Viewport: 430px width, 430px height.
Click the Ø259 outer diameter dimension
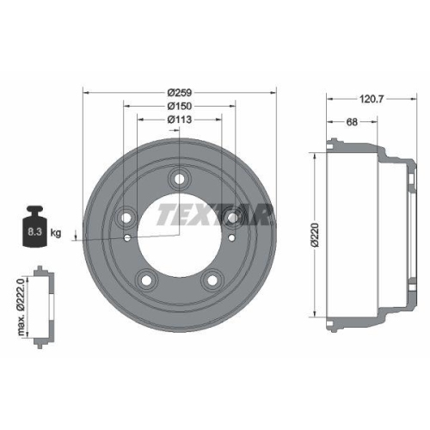pos(179,91)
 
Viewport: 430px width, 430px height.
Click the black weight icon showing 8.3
pos(34,227)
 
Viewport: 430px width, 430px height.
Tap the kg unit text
pos(57,233)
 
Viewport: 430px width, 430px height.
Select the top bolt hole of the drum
pos(179,179)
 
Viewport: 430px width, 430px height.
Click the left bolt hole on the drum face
pos(127,215)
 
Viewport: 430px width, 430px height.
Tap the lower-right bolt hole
pos(211,279)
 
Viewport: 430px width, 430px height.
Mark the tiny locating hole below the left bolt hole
pos(127,237)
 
